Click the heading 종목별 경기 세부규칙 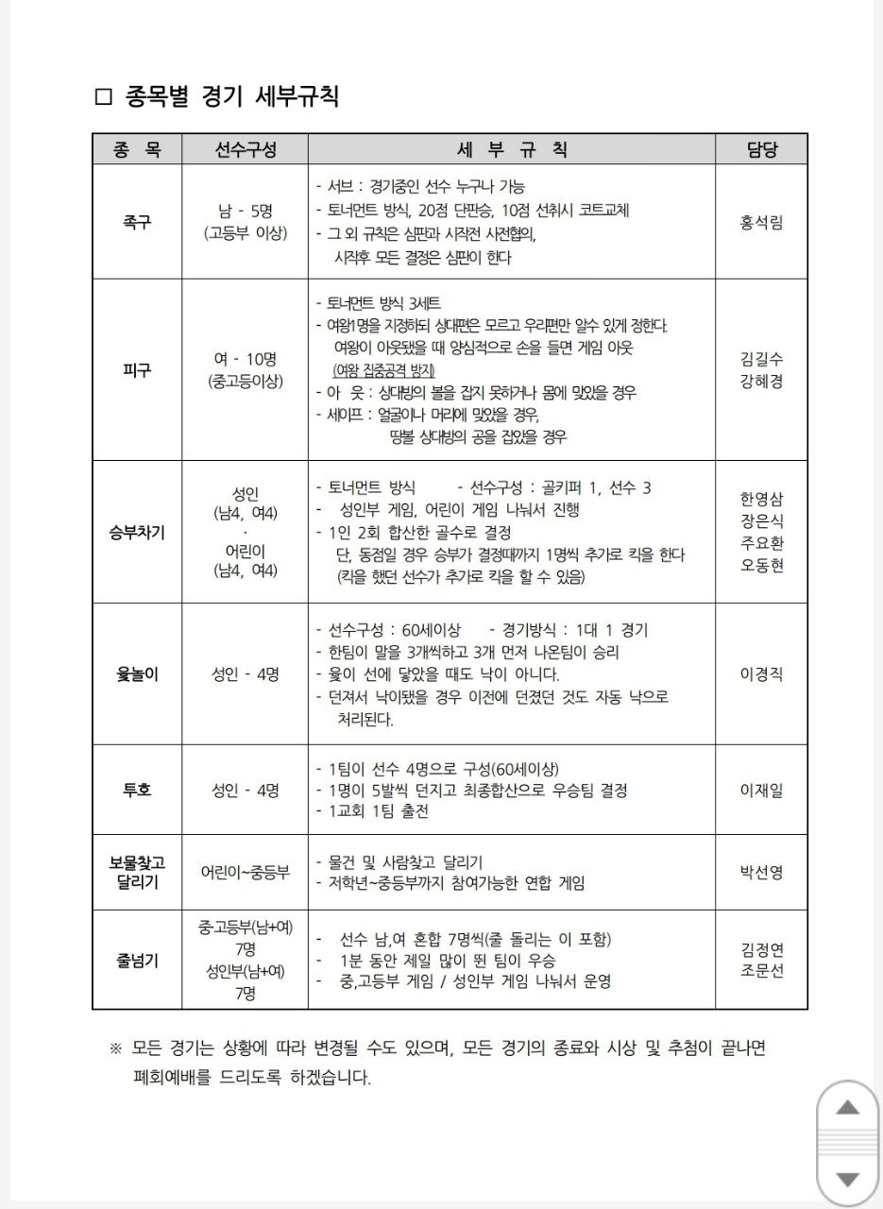pyautogui.click(x=228, y=96)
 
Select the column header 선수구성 pyautogui.click(x=245, y=149)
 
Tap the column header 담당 pyautogui.click(x=762, y=149)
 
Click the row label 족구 pyautogui.click(x=137, y=222)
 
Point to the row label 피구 pyautogui.click(x=137, y=369)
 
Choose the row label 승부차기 pyautogui.click(x=137, y=532)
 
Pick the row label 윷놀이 pyautogui.click(x=137, y=674)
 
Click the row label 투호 pyautogui.click(x=137, y=790)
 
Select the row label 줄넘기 pyautogui.click(x=137, y=961)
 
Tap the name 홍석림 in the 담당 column pyautogui.click(x=762, y=222)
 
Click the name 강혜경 pyautogui.click(x=762, y=382)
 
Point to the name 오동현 pyautogui.click(x=762, y=566)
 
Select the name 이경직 pyautogui.click(x=762, y=674)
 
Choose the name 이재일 pyautogui.click(x=762, y=790)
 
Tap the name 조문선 pyautogui.click(x=762, y=971)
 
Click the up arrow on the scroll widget pyautogui.click(x=848, y=1107)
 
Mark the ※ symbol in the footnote pyautogui.click(x=116, y=1048)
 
